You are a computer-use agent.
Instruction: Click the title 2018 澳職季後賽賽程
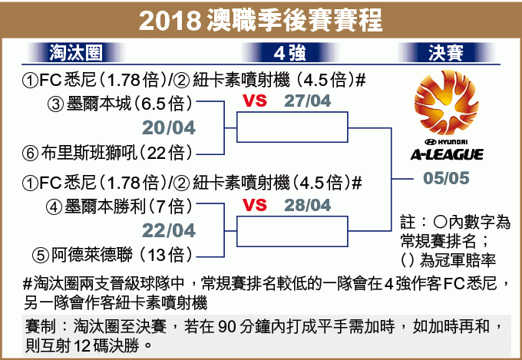261,21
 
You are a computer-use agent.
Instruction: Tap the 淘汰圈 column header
76,53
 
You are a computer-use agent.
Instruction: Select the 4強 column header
289,53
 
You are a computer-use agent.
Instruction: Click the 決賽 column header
446,53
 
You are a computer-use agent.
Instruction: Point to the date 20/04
169,128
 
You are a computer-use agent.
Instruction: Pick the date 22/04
169,230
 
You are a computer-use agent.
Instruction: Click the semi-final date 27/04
307,101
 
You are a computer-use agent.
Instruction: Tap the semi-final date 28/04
307,205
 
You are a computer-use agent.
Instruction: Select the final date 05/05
446,178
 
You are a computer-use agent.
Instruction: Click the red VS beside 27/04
255,101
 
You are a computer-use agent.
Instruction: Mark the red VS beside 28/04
255,205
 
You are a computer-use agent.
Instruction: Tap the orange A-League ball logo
447,103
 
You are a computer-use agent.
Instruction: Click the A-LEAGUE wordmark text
447,154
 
